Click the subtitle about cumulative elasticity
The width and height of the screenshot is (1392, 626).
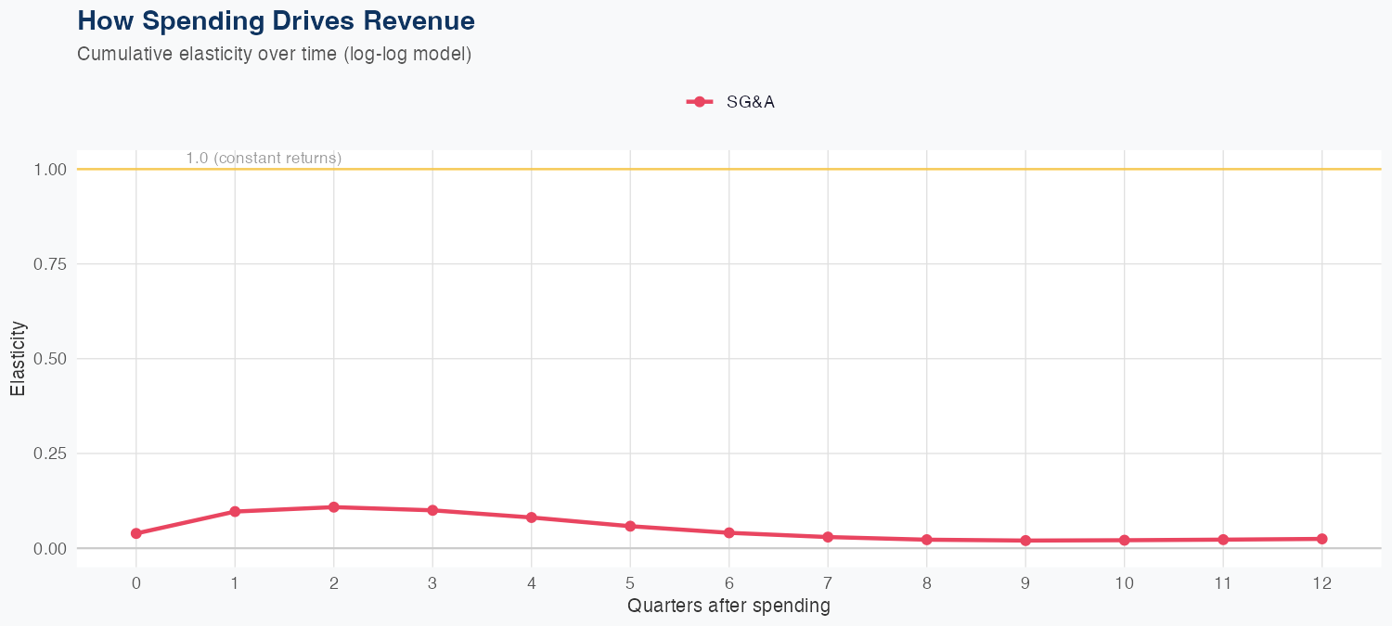pos(275,54)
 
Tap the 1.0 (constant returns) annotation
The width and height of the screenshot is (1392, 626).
pos(264,159)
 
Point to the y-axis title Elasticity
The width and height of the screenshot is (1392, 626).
pos(18,358)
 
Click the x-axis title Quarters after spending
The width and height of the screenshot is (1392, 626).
pos(728,607)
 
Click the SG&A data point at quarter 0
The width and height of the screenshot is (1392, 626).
pos(136,533)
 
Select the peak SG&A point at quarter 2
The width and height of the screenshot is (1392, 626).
pos(333,507)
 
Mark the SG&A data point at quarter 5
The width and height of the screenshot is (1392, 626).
pos(630,526)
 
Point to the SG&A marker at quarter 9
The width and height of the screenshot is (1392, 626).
pos(1025,540)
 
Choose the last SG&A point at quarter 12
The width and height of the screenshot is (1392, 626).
pos(1321,539)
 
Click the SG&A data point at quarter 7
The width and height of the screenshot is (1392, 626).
pos(828,537)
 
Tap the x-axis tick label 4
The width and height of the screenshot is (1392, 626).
pos(531,583)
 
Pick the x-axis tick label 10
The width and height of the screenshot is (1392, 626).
pos(1124,583)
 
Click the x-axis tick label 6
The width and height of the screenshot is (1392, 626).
pos(728,583)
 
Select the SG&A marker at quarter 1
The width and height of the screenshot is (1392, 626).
pos(235,511)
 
